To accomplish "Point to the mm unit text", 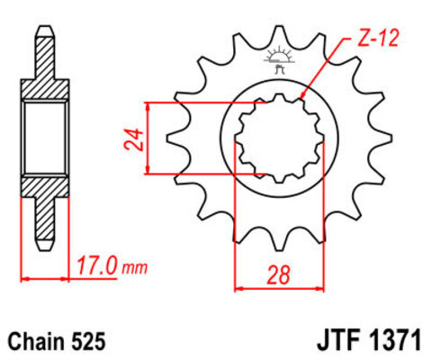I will tap(135, 268).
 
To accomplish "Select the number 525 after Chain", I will tap(91, 342).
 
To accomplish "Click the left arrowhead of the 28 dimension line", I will tap(238, 289).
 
